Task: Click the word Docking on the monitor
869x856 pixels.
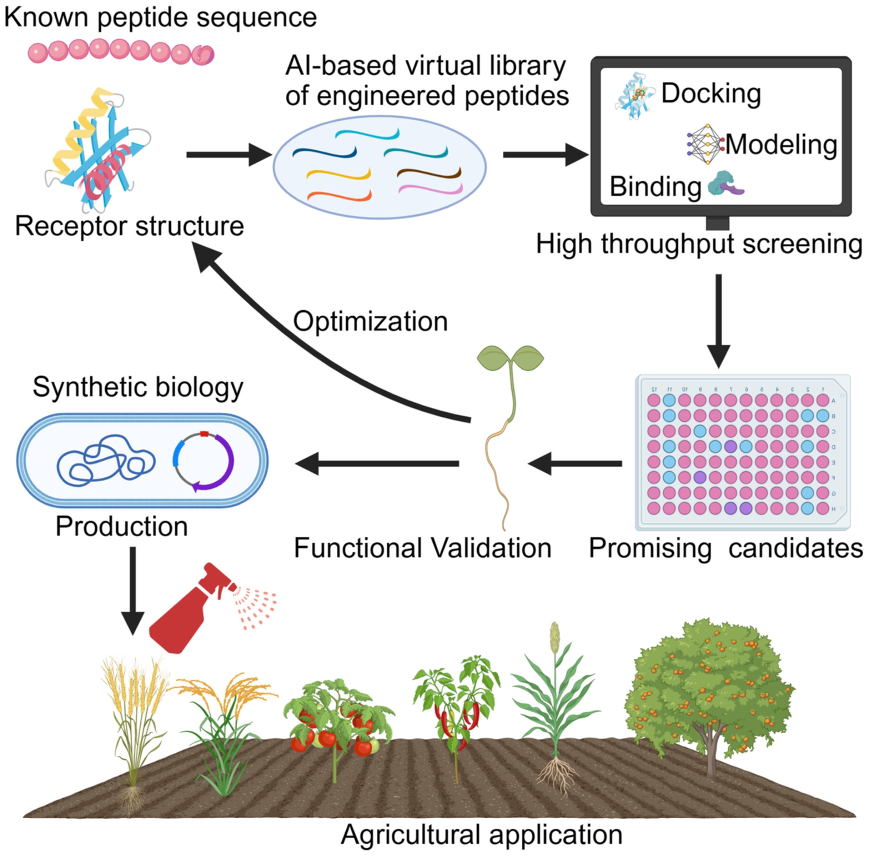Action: [x=711, y=93]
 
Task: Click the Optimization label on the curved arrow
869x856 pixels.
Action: [x=370, y=321]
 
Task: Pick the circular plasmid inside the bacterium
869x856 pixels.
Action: [x=203, y=461]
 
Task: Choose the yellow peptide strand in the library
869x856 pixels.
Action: [x=338, y=174]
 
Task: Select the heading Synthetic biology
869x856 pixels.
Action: [x=138, y=387]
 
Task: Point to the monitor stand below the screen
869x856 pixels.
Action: [x=718, y=223]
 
